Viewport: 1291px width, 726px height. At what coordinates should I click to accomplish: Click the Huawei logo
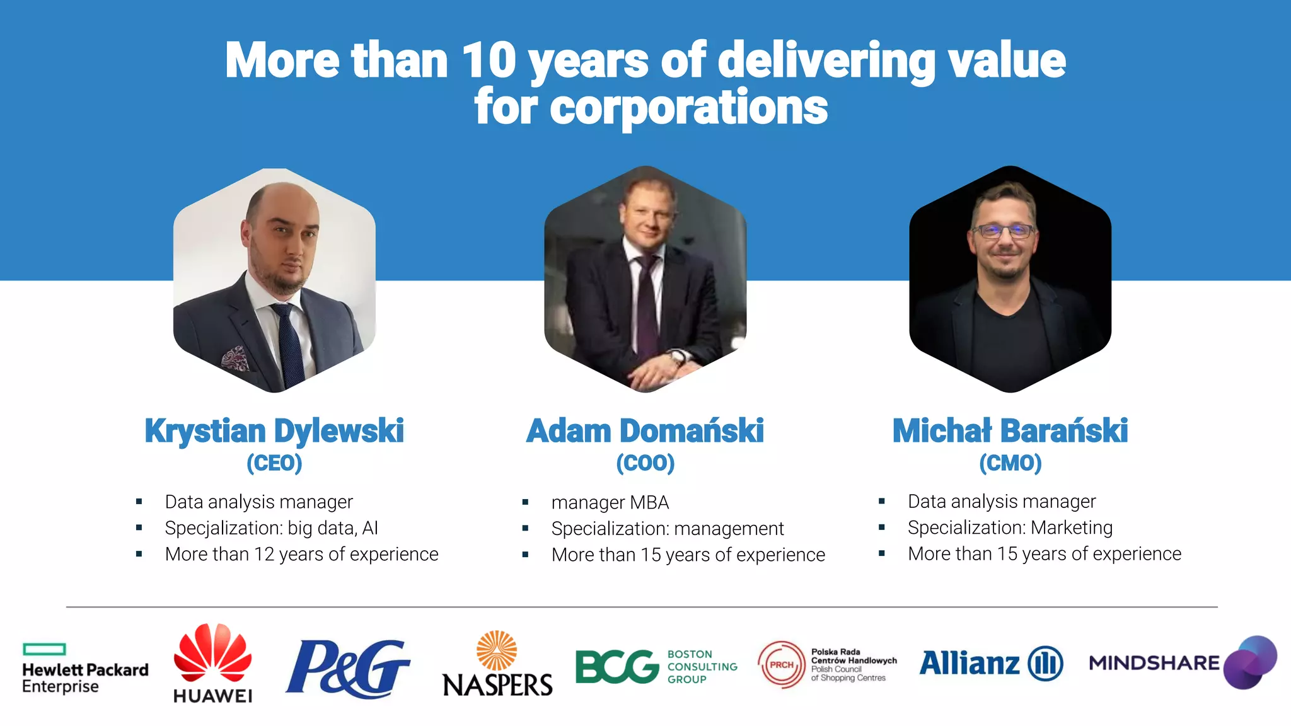tap(212, 663)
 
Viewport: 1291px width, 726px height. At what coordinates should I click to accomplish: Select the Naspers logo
tap(497, 664)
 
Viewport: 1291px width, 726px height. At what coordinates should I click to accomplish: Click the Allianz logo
tap(991, 664)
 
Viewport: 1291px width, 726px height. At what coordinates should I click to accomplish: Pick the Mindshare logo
tap(1183, 663)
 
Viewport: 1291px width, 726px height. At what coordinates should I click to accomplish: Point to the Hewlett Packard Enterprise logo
tap(85, 669)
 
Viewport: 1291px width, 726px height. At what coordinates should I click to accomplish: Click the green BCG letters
tap(617, 667)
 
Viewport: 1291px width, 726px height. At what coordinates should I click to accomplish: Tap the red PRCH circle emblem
tap(782, 665)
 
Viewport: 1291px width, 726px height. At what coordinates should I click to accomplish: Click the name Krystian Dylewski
tap(274, 431)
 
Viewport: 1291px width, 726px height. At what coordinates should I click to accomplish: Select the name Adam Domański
tap(645, 431)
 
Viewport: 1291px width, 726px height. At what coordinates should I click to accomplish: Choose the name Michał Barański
tap(1010, 431)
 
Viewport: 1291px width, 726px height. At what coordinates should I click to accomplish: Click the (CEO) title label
tap(274, 463)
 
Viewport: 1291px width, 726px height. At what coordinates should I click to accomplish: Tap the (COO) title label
tap(645, 463)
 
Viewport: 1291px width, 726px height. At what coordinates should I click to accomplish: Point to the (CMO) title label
tap(1010, 463)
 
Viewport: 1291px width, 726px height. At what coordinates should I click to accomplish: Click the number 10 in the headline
tap(489, 60)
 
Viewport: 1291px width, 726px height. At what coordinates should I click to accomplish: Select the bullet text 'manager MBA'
tap(610, 502)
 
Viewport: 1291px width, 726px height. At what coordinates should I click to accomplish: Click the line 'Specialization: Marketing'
tap(1010, 527)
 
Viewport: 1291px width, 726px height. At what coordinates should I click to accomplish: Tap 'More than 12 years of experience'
tap(301, 554)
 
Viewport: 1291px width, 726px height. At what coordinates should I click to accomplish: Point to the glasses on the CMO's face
tap(1004, 231)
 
